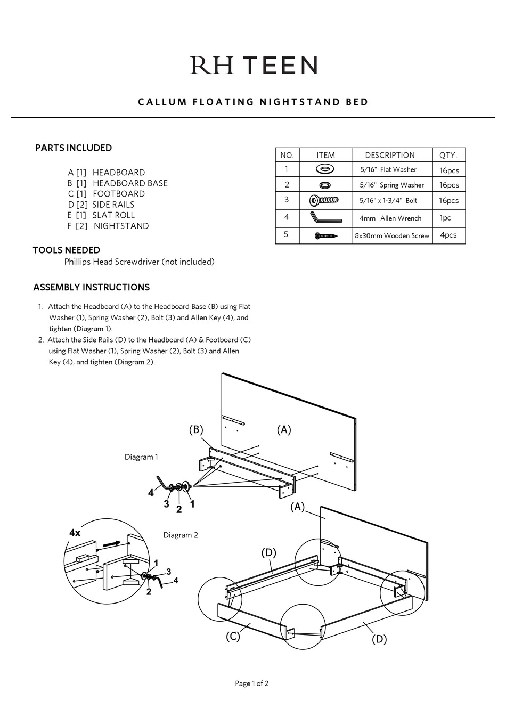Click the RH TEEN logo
point(254,66)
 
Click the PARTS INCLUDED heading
point(74,148)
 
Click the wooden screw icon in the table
point(325,235)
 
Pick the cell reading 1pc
point(445,218)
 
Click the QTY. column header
point(448,155)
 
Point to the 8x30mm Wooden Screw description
point(391,235)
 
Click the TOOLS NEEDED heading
point(67,250)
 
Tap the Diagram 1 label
point(141,457)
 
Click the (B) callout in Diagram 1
point(196,430)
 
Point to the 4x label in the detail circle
point(75,533)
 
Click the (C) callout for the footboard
point(233,636)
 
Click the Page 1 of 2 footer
point(252,683)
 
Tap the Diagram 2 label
point(181,535)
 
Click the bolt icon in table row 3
point(324,200)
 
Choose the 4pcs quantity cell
point(448,235)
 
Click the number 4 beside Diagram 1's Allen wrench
point(151,493)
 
